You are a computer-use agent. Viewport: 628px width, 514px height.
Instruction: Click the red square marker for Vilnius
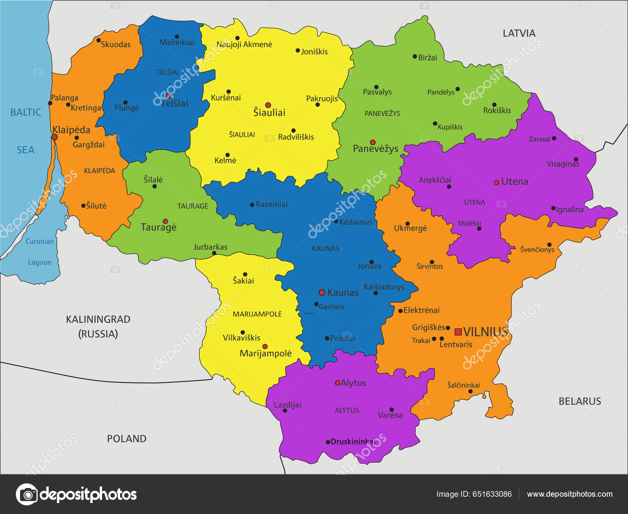tap(458, 332)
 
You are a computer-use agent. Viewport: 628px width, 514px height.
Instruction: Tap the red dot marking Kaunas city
tap(322, 292)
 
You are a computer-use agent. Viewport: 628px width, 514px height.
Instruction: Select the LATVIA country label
tap(519, 33)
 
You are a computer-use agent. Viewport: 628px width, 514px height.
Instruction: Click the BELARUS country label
tap(579, 401)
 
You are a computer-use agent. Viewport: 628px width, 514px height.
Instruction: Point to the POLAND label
tap(126, 439)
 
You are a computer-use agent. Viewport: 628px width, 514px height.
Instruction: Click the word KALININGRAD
tap(98, 319)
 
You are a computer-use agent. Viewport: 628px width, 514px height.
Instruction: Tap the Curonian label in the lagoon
tap(40, 241)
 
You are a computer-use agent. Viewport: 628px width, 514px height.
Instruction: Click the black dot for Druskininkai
tap(328, 442)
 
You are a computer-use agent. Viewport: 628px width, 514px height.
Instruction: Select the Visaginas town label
tap(562, 164)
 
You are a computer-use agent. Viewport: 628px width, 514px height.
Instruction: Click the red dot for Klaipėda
tap(55, 137)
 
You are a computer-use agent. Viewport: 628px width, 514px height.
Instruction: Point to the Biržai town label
tap(427, 58)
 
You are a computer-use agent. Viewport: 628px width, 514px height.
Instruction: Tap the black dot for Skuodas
tap(99, 40)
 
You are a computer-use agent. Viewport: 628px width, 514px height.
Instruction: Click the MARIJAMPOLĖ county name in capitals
tap(257, 314)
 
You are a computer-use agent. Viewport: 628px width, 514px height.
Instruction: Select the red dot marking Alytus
tap(337, 383)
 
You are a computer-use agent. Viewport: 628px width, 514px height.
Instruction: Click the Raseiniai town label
tap(272, 204)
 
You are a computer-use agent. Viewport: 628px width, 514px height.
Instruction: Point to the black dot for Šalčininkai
tap(470, 391)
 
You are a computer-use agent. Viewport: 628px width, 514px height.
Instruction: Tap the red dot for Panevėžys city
tap(372, 143)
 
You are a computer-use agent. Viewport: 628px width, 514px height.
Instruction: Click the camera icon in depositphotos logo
tap(27, 494)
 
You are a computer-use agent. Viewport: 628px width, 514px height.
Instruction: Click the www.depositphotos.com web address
tap(570, 494)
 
